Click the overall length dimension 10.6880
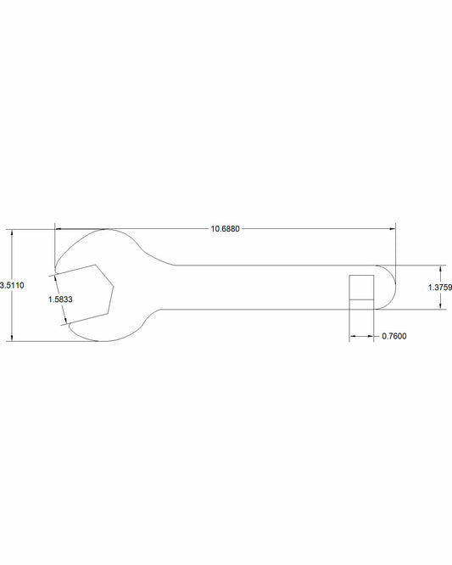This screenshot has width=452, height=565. click(225, 229)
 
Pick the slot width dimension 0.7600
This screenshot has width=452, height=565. click(394, 337)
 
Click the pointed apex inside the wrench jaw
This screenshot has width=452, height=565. click(114, 286)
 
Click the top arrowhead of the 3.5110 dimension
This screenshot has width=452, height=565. click(12, 232)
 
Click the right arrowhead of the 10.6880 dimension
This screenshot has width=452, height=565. click(392, 228)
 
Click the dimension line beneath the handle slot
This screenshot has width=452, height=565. click(361, 337)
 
